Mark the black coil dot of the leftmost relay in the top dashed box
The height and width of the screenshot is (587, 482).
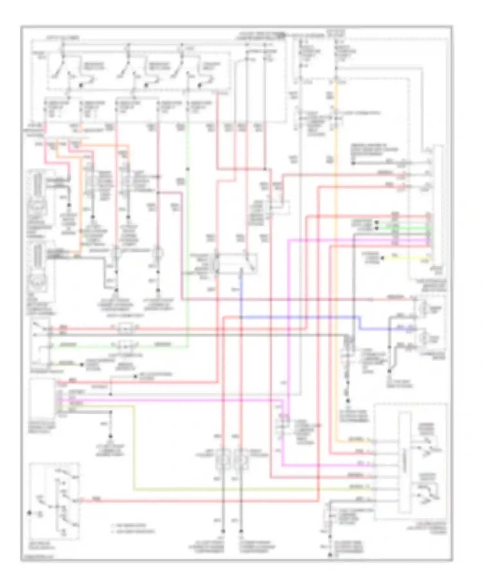pos(80,85)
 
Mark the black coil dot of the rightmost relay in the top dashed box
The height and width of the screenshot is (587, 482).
pos(200,85)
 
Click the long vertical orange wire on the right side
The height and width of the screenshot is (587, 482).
pos(336,257)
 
